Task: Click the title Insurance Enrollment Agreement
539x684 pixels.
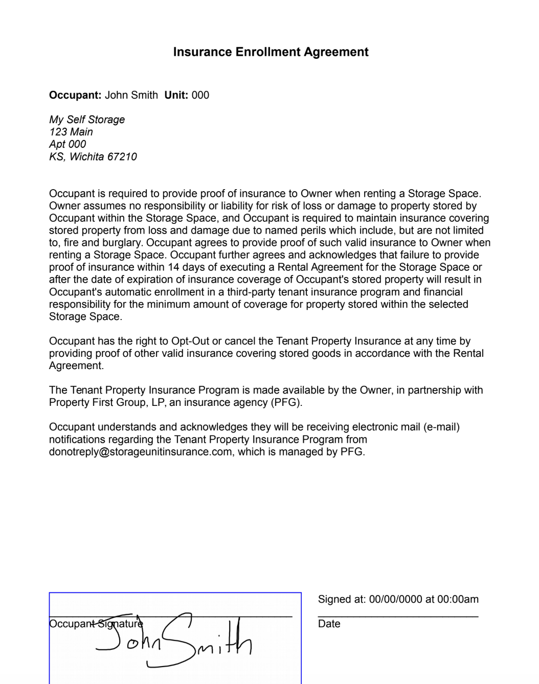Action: (x=271, y=52)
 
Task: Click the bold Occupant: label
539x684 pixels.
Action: (x=75, y=95)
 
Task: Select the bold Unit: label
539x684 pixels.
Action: (x=176, y=95)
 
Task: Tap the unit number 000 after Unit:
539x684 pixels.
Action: (x=200, y=95)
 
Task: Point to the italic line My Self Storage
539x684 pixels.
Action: (x=87, y=120)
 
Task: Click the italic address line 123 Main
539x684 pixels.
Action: (x=71, y=132)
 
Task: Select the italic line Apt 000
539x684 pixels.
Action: (x=68, y=144)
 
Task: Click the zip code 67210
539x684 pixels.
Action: (x=122, y=157)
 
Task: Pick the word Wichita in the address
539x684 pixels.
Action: (x=86, y=157)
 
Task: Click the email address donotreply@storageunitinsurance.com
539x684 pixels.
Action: (x=141, y=452)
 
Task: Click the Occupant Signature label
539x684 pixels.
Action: (x=96, y=624)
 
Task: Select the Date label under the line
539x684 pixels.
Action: (x=329, y=624)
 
